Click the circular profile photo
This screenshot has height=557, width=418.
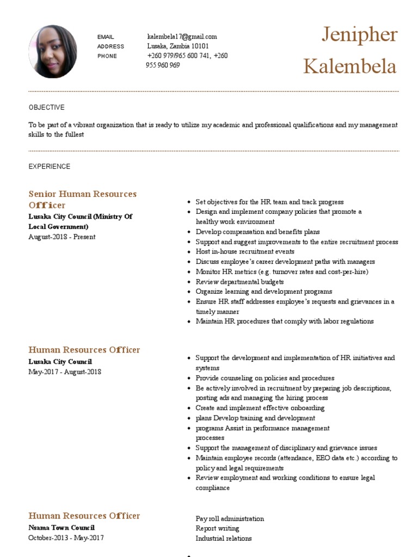click(52, 51)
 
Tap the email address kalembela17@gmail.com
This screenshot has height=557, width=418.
click(182, 36)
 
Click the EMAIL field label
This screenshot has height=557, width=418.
click(106, 37)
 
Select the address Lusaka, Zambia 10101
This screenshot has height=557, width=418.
click(178, 46)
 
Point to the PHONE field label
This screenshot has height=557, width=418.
click(107, 56)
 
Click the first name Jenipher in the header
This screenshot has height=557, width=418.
click(359, 35)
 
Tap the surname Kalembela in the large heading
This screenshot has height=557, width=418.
click(349, 66)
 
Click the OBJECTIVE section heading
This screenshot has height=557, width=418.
click(46, 107)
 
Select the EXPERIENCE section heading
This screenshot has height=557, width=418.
click(50, 166)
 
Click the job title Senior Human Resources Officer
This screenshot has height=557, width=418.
click(82, 199)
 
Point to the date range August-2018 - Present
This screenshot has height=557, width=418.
click(62, 237)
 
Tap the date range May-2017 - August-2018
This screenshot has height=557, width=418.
click(64, 372)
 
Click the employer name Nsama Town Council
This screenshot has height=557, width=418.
click(61, 528)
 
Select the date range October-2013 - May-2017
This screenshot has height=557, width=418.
click(66, 538)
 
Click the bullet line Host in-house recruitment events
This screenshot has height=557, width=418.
click(245, 252)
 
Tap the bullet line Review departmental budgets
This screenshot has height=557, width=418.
click(239, 282)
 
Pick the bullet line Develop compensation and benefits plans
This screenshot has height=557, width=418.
click(257, 232)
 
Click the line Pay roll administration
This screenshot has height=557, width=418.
click(230, 519)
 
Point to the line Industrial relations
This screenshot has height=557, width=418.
click(224, 539)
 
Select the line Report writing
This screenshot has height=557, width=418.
click(217, 528)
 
